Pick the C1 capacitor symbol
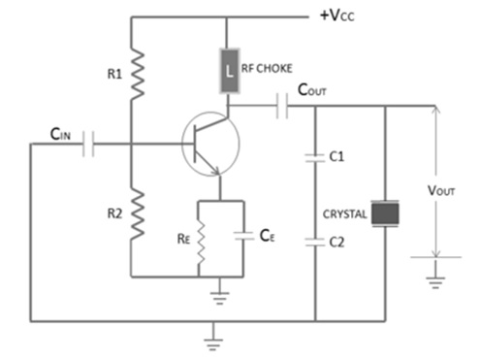[x=315, y=155]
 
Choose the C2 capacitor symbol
[x=315, y=243]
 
